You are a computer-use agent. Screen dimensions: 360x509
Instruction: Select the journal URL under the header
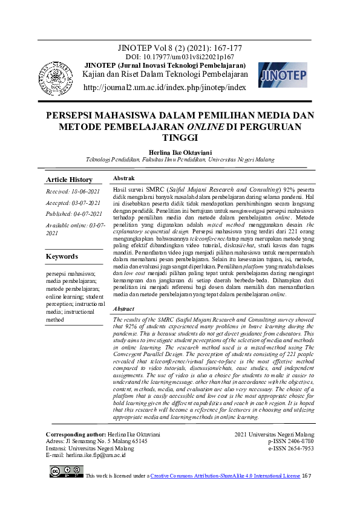[x=165, y=88]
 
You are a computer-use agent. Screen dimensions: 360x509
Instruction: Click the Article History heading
[x=70, y=180]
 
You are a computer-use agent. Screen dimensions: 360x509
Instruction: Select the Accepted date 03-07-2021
[x=73, y=204]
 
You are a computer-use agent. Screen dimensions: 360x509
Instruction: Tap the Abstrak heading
[x=124, y=178]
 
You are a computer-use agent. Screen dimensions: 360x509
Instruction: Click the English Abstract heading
[x=125, y=309]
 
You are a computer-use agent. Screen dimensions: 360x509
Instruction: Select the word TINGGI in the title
[x=180, y=137]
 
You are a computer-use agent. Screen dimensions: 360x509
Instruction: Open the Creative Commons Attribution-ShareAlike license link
[x=224, y=476]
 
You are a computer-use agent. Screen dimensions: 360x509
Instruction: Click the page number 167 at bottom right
[x=306, y=476]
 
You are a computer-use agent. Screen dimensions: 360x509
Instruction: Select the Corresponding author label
[x=75, y=435]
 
